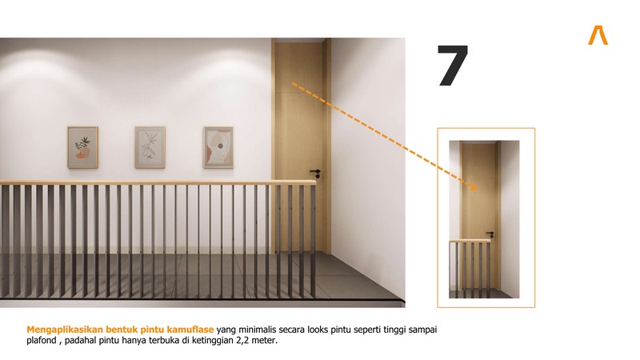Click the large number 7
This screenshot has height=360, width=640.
point(452,66)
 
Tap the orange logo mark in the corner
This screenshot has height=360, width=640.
point(598,35)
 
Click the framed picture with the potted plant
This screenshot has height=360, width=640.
point(83,147)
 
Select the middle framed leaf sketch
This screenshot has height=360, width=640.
point(150,147)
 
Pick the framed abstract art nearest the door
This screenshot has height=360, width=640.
point(218,147)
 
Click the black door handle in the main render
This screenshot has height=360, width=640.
point(315,172)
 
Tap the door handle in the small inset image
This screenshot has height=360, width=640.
point(490,234)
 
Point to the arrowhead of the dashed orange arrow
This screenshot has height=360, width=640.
point(473,187)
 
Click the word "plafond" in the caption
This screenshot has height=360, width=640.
point(42,341)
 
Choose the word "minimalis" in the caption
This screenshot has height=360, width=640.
point(257,330)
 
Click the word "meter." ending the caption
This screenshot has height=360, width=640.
point(264,341)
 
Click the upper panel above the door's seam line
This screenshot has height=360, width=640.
point(298,66)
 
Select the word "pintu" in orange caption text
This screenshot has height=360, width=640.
point(152,330)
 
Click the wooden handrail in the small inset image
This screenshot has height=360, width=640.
point(470,241)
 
